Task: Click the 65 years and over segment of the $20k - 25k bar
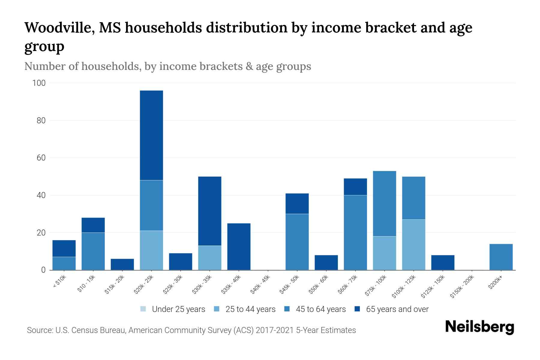pyautogui.click(x=151, y=135)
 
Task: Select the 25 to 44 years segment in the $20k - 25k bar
pyautogui.click(x=151, y=250)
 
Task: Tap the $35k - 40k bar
pyautogui.click(x=239, y=247)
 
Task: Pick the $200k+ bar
pyautogui.click(x=501, y=257)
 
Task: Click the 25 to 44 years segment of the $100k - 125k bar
pyautogui.click(x=413, y=244)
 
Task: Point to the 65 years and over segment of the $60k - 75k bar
pyautogui.click(x=355, y=187)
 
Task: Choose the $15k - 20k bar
pyautogui.click(x=122, y=264)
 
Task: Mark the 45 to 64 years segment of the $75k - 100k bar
pyautogui.click(x=384, y=203)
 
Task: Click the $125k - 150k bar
pyautogui.click(x=442, y=262)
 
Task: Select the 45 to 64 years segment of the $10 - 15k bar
pyautogui.click(x=93, y=251)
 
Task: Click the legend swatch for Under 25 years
pyautogui.click(x=143, y=309)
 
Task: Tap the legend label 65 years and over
pyautogui.click(x=397, y=309)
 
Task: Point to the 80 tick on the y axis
pyautogui.click(x=39, y=120)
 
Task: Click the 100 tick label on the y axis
pyautogui.click(x=39, y=83)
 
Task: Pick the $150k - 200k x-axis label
pyautogui.click(x=462, y=287)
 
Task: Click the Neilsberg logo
pyautogui.click(x=479, y=327)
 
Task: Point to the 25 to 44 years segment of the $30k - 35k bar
pyautogui.click(x=210, y=258)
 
